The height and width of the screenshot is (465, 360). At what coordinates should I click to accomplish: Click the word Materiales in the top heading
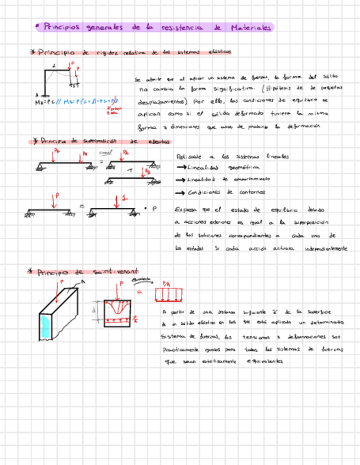coord(251,27)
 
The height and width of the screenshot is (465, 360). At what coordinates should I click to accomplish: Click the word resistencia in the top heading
coord(181,27)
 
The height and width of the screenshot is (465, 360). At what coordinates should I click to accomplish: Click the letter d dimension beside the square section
coord(94,310)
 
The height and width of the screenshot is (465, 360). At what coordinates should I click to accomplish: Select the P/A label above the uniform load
coord(166,283)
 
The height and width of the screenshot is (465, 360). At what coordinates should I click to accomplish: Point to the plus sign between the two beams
coord(130,171)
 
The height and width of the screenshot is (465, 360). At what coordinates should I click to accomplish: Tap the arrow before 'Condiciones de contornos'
coord(179,192)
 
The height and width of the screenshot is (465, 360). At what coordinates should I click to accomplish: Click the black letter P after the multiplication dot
coord(154,208)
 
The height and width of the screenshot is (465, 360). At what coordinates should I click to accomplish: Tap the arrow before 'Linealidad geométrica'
coord(180,168)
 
